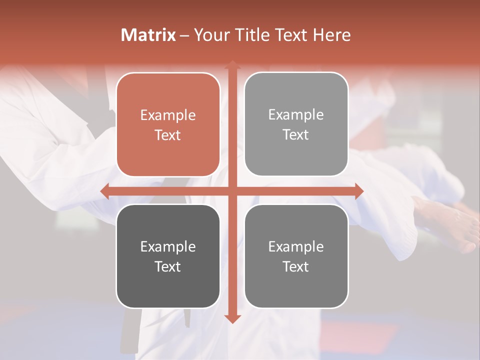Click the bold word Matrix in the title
point(148,35)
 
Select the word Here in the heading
point(331,35)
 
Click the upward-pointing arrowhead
point(232,64)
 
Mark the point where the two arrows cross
point(232,191)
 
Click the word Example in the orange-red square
point(168,115)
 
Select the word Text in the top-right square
point(296,135)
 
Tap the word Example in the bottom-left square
point(168,246)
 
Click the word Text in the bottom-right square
point(296,266)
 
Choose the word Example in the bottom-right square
point(296,246)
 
